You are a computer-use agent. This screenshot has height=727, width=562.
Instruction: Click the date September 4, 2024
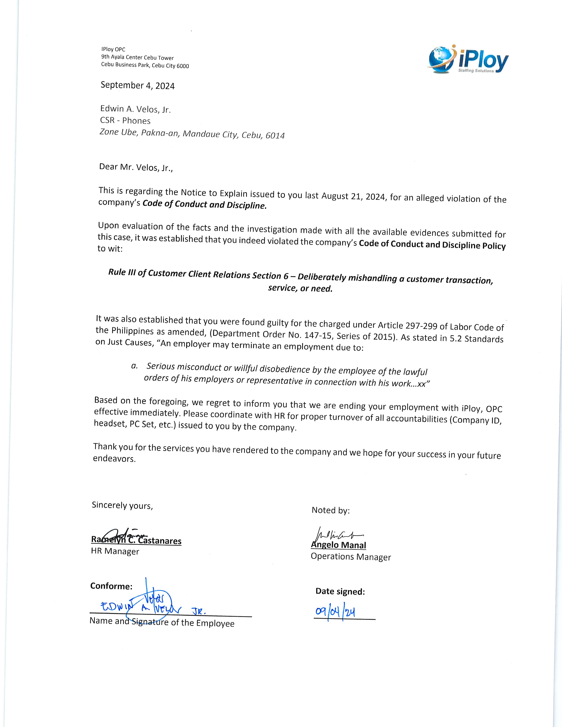[138, 85]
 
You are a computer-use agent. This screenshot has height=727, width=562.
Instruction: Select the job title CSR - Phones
[125, 121]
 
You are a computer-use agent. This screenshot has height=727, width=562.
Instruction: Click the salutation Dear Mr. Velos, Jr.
[136, 167]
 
